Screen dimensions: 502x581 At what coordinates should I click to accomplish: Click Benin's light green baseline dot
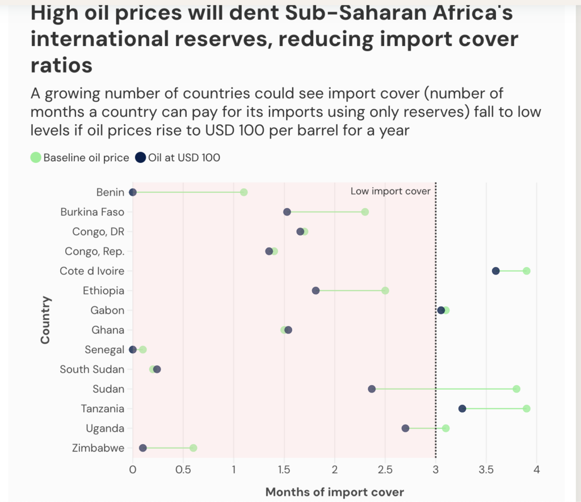pos(244,192)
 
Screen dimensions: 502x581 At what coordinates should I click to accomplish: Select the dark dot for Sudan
pos(372,389)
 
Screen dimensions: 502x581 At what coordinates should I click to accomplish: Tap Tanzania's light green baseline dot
pos(527,409)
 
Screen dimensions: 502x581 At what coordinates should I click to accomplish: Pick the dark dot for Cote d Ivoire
pos(496,271)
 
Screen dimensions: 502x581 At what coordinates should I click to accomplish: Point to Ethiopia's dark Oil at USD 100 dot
pos(316,290)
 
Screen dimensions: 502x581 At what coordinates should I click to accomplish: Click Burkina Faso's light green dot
pos(365,212)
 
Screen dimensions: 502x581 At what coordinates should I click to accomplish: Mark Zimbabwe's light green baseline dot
pos(193,448)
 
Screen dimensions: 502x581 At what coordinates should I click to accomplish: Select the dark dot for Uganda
pos(405,428)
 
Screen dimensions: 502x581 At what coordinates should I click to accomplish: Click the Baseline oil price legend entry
pos(80,158)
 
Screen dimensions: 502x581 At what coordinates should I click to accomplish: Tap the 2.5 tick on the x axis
pos(385,470)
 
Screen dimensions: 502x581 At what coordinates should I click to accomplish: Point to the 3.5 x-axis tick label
pos(486,470)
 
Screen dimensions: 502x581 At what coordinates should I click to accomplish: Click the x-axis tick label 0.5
pos(183,470)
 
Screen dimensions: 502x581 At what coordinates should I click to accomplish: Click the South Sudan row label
pos(92,369)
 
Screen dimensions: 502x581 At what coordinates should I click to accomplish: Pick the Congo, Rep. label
pos(99,251)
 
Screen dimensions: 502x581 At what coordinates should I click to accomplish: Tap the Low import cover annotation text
pos(390,191)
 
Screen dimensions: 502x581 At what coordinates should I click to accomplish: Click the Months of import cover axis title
pos(335,492)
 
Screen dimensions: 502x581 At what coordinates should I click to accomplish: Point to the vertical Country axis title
pos(45,320)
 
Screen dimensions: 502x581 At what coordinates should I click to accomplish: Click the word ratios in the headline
pos(61,65)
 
